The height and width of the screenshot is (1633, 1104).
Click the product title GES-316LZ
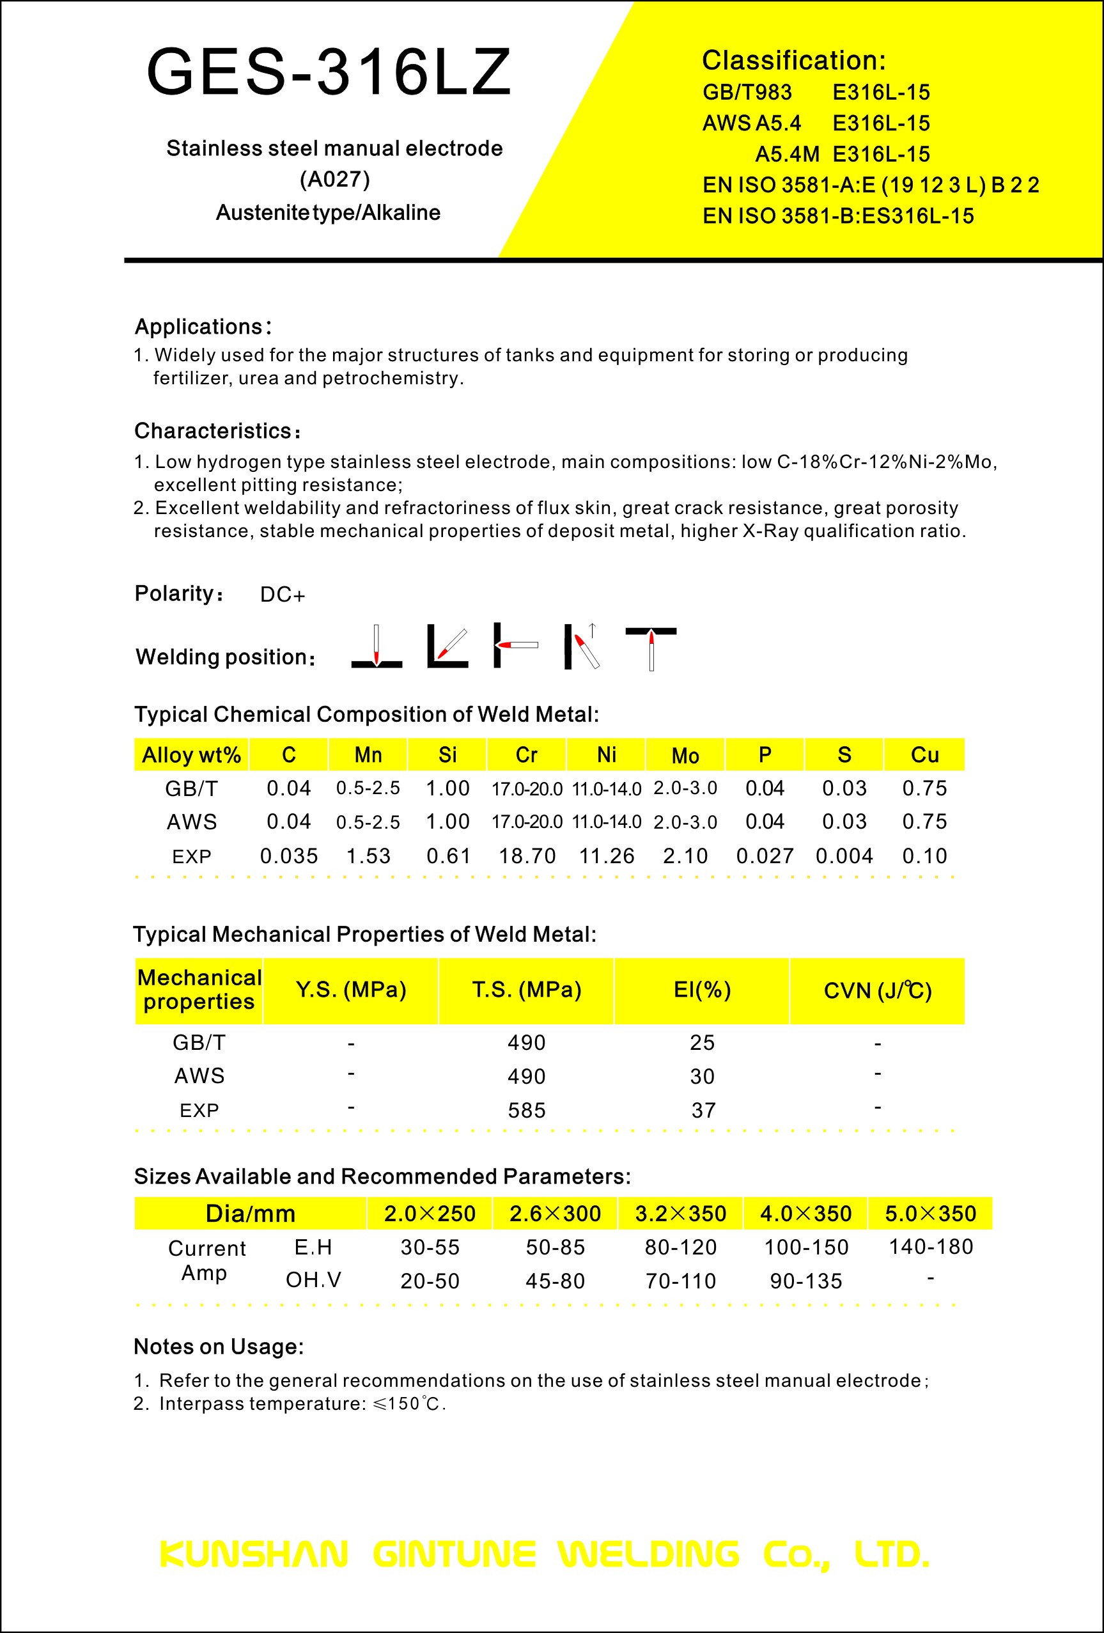[x=328, y=72]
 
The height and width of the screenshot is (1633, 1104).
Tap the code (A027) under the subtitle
[x=334, y=180]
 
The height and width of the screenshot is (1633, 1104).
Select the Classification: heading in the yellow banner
[x=793, y=61]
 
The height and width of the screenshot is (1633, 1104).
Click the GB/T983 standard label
[x=747, y=92]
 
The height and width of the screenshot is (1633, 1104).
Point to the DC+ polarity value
[x=283, y=595]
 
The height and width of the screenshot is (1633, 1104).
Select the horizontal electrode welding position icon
[x=516, y=645]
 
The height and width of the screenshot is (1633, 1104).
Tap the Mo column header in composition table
[x=685, y=755]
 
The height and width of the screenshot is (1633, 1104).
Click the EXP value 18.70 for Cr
[x=527, y=856]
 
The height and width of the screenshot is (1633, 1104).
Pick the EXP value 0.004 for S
[x=844, y=856]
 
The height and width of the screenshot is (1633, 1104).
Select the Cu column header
[x=924, y=754]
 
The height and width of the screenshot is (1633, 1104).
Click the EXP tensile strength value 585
[x=526, y=1110]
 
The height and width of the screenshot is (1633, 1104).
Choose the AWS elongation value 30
[x=702, y=1076]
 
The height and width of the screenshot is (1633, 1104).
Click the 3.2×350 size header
[x=680, y=1214]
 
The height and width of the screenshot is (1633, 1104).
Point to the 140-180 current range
[x=930, y=1247]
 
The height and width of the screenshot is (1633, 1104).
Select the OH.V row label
[x=313, y=1279]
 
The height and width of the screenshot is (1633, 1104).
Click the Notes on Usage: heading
[x=219, y=1347]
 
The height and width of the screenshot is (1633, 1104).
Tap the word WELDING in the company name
[x=649, y=1554]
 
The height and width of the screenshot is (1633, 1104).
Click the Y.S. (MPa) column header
[x=351, y=990]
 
